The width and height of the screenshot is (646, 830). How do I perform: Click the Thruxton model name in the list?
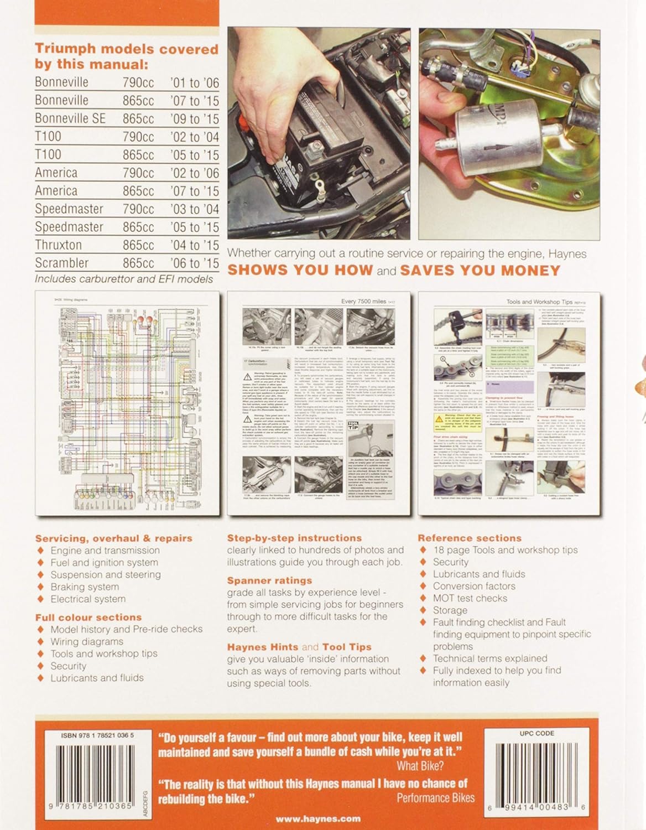tap(58, 245)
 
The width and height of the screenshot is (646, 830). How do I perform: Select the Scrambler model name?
tap(61, 263)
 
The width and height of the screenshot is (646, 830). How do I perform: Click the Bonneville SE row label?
tap(70, 118)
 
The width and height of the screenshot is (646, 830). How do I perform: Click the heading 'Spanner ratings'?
tap(269, 580)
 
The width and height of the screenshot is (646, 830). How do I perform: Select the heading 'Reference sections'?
tap(469, 538)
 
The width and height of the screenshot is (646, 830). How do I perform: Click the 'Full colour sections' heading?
tap(88, 617)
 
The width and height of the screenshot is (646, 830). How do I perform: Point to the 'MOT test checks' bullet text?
tap(470, 598)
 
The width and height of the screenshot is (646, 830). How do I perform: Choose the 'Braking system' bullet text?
tap(85, 587)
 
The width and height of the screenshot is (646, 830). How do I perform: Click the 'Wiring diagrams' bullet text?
tap(87, 641)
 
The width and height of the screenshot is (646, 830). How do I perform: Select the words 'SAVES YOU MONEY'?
tap(480, 271)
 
